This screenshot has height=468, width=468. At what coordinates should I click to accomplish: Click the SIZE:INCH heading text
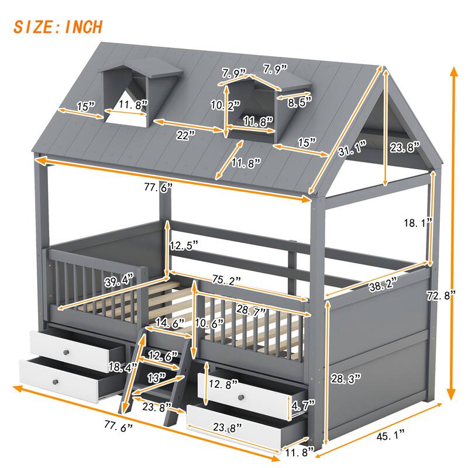(x=58, y=26)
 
